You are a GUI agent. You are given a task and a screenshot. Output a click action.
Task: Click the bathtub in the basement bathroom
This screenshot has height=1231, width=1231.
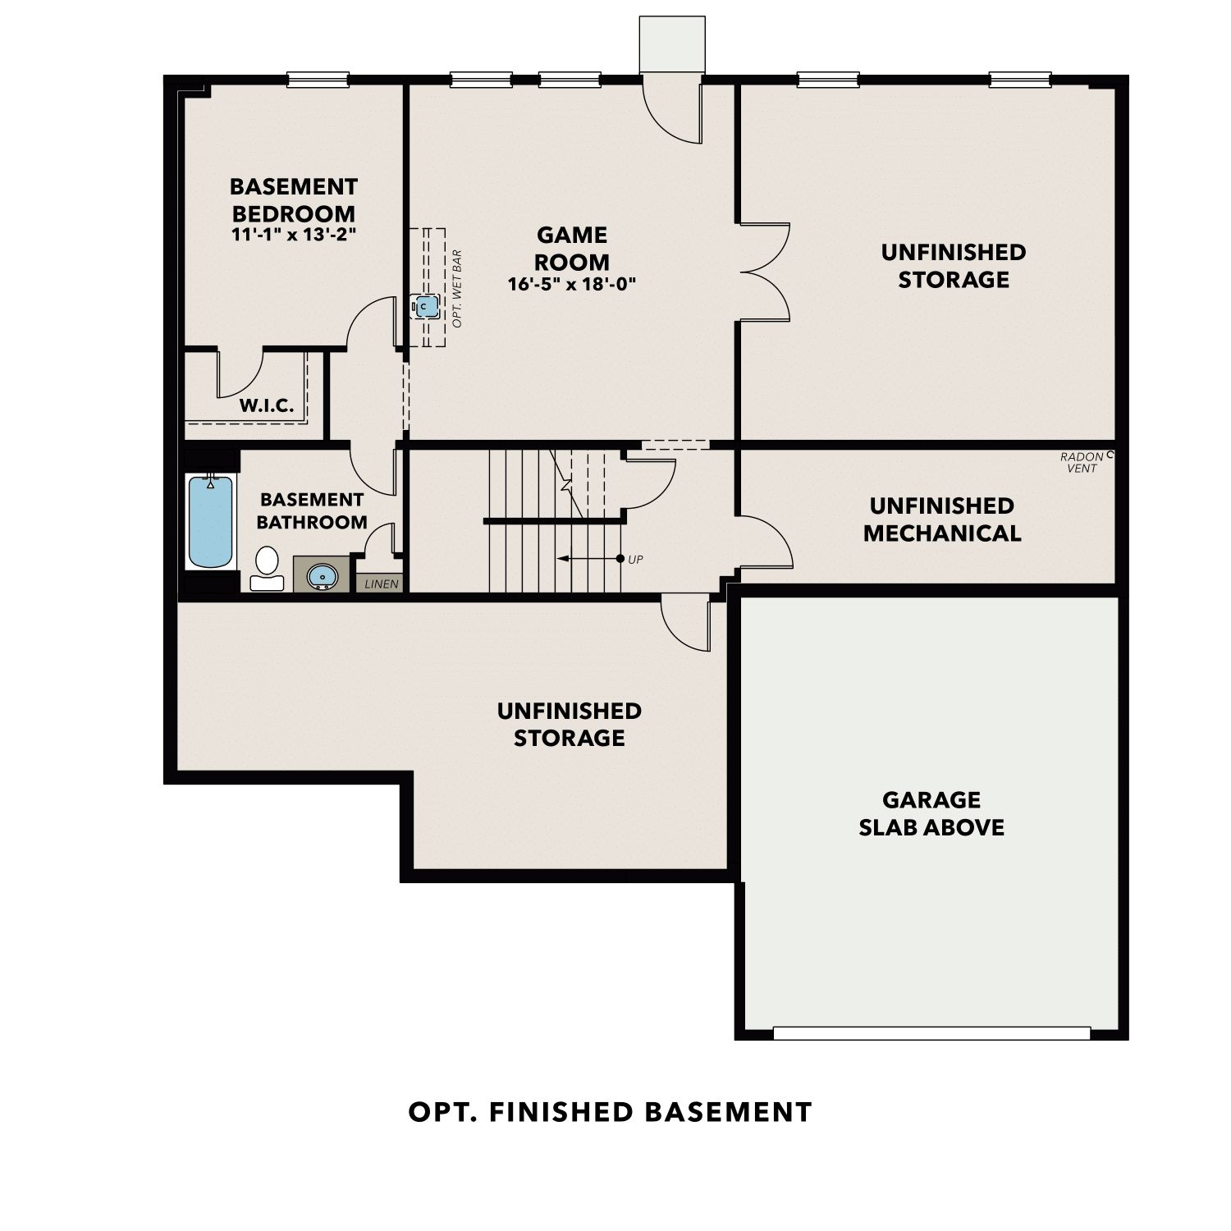pos(211,521)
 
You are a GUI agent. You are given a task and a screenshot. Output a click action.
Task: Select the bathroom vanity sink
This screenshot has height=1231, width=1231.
pos(322,575)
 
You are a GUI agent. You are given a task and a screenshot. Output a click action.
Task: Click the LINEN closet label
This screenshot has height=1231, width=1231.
pos(382,584)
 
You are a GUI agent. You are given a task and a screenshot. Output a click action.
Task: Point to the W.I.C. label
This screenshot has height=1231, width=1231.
pos(267,405)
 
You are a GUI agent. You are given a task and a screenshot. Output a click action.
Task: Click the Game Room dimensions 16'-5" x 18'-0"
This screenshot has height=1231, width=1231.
pos(572,284)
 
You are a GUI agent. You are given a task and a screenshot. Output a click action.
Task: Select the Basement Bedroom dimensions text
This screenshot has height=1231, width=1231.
pos(293,234)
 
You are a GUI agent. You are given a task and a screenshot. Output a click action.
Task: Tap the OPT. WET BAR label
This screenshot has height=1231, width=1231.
pos(457,289)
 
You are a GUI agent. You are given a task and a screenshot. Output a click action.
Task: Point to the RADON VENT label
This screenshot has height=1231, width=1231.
pos(1082,462)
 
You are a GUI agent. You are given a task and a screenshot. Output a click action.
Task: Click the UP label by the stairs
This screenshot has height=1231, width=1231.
pos(635,560)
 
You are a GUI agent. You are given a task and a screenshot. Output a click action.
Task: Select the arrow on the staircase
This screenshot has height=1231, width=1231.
pos(589,559)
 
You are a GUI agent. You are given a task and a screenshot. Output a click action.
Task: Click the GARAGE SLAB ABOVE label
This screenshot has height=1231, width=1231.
pos(931,813)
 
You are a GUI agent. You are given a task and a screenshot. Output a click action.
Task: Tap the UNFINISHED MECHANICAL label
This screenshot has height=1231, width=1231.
pos(942,519)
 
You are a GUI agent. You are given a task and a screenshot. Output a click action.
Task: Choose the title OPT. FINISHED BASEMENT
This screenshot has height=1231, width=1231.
pos(611,1112)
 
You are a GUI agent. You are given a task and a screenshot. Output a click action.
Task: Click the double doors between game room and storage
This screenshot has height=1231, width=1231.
pos(765,272)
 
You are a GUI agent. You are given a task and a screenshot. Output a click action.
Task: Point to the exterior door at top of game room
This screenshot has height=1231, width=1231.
pos(673,111)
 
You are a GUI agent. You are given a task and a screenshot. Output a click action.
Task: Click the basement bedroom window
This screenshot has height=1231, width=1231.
pos(318,80)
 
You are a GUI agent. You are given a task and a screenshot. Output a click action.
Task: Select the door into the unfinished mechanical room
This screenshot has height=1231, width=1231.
pos(767,542)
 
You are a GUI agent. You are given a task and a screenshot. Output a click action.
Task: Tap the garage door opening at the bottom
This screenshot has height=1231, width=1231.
pos(932,1033)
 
